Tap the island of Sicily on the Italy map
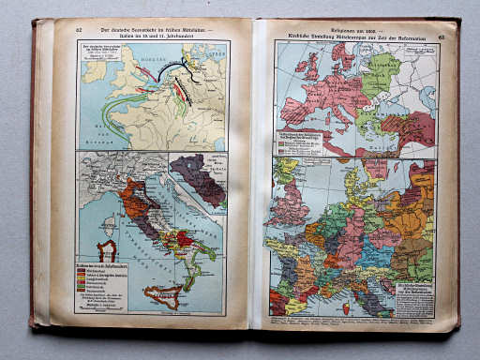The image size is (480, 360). (x=163, y=294)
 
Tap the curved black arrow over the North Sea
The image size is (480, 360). (x=172, y=69)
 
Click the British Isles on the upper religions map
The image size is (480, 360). (x=308, y=66)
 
